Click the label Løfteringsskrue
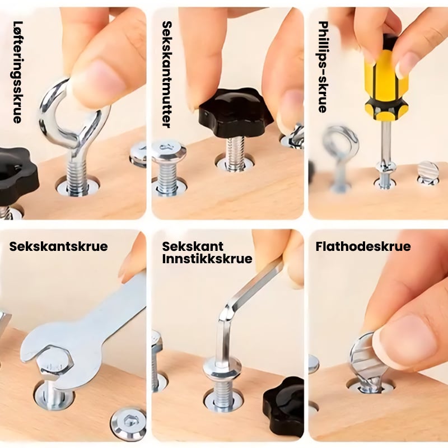point(18,72)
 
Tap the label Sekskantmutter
point(167,74)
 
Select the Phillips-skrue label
point(323,67)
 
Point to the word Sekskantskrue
point(58,246)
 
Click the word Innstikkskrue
point(207,259)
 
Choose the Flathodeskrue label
point(363,246)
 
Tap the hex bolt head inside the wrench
point(55,363)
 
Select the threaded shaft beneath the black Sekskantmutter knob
point(235,153)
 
